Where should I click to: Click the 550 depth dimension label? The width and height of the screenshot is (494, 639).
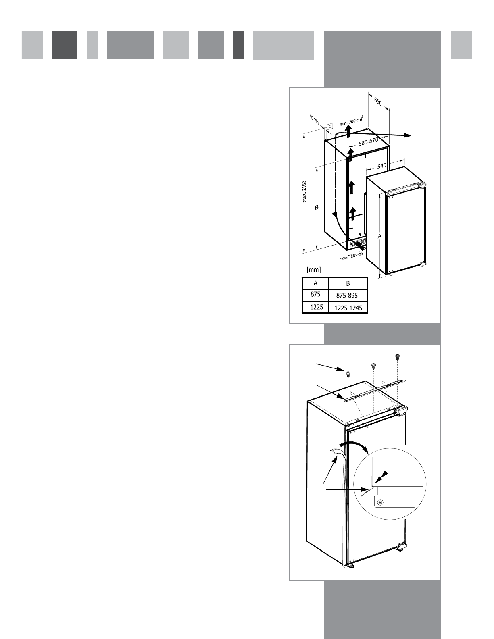click(x=378, y=102)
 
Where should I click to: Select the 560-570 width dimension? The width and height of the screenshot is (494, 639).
click(x=368, y=142)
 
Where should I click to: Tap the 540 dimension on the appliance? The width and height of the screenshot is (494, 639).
click(x=381, y=166)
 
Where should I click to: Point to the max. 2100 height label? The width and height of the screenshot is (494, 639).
click(x=304, y=191)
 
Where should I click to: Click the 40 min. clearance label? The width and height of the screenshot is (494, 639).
click(x=314, y=120)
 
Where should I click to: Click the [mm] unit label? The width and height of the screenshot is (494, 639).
click(x=314, y=269)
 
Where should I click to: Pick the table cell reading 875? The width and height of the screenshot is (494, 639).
click(x=315, y=294)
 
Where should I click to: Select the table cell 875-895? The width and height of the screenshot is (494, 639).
click(x=347, y=295)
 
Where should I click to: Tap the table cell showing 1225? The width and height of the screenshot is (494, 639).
click(x=317, y=307)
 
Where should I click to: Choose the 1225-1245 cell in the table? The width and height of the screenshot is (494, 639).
click(x=348, y=308)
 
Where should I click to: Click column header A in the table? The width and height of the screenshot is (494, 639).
click(x=315, y=283)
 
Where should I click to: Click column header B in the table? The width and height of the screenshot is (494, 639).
click(x=348, y=283)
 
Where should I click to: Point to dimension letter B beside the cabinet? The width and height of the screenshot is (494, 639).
click(x=317, y=207)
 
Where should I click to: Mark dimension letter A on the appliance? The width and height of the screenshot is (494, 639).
click(x=379, y=236)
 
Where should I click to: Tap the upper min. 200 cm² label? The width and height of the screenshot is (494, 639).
click(x=351, y=121)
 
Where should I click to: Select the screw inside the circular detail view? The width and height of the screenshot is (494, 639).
click(x=380, y=502)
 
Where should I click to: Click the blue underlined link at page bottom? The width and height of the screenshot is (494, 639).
click(x=80, y=635)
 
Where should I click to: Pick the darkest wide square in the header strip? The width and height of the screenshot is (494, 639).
click(x=65, y=45)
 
